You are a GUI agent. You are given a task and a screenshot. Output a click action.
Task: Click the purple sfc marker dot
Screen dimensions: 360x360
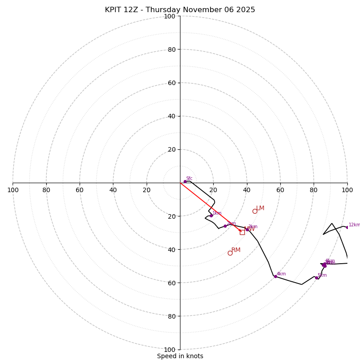pyautogui.click(x=185, y=181)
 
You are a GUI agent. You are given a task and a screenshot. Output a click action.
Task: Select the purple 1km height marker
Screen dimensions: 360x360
pyautogui.click(x=211, y=216)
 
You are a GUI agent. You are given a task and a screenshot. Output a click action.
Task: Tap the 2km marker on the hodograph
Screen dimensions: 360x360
pyautogui.click(x=225, y=226)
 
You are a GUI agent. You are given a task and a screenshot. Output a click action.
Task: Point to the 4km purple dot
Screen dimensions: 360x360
pyautogui.click(x=275, y=276)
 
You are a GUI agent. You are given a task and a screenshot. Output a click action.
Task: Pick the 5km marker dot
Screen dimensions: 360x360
pyautogui.click(x=316, y=278)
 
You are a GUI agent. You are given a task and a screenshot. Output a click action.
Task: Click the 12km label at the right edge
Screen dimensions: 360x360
pyautogui.click(x=354, y=225)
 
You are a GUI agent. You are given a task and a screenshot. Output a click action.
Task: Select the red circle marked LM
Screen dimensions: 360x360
pyautogui.click(x=255, y=211)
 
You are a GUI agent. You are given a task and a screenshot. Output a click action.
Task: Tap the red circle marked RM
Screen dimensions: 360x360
pyautogui.click(x=230, y=253)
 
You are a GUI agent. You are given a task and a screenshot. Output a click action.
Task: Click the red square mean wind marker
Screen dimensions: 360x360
pyautogui.click(x=242, y=232)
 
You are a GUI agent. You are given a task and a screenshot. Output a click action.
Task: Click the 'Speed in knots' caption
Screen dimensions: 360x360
pyautogui.click(x=180, y=356)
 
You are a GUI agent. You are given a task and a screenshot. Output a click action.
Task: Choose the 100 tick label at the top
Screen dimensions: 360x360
pyautogui.click(x=170, y=16)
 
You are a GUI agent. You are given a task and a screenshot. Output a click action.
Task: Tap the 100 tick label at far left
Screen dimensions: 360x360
pyautogui.click(x=13, y=190)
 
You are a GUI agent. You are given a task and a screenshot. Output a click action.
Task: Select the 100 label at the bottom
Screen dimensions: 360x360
pyautogui.click(x=170, y=350)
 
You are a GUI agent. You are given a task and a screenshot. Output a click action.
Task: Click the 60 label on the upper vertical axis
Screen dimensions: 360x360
pyautogui.click(x=171, y=83)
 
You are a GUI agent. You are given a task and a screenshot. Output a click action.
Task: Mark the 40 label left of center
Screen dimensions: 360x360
pyautogui.click(x=113, y=190)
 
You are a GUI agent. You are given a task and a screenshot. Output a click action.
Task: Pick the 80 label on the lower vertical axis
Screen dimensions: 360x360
pyautogui.click(x=171, y=316)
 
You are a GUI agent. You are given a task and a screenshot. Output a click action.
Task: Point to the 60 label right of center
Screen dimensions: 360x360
pyautogui.click(x=280, y=190)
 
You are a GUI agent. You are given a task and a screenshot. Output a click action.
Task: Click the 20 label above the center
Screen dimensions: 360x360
pyautogui.click(x=171, y=149)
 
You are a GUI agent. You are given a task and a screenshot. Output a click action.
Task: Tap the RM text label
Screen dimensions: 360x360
pyautogui.click(x=236, y=250)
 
